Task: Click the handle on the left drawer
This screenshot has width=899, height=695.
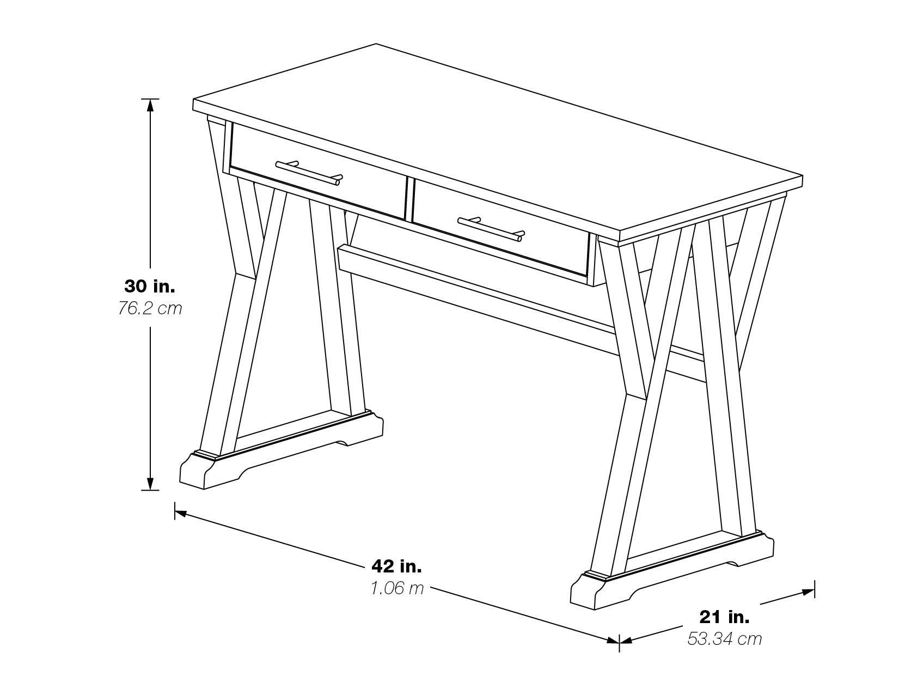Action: tap(309, 173)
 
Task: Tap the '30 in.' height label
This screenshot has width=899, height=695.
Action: tap(150, 286)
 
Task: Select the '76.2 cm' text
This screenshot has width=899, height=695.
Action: tap(150, 309)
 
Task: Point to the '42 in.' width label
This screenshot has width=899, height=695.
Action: tap(396, 566)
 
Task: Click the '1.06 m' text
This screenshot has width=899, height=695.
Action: tap(397, 588)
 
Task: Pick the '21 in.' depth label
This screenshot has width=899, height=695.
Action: tap(724, 617)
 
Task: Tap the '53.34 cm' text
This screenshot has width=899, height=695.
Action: tap(724, 639)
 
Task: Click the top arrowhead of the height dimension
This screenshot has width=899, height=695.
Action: tap(150, 106)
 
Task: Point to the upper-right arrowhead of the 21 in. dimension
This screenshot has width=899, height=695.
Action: tap(809, 592)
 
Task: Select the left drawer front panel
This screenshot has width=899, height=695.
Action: tap(318, 170)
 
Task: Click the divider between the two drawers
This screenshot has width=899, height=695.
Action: tap(409, 198)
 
